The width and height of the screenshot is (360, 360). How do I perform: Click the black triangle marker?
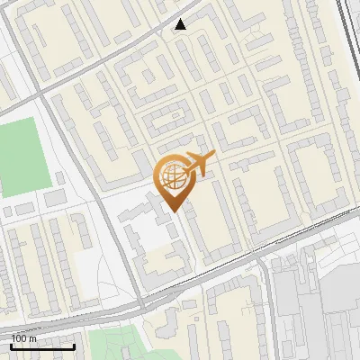[x=181, y=24]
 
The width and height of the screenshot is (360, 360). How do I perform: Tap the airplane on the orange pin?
[x=200, y=164]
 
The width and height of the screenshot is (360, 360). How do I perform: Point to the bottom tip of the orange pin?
[x=174, y=212]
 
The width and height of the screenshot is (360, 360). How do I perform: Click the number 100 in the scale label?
[x=20, y=338]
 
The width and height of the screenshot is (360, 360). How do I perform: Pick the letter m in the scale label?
[x=33, y=338]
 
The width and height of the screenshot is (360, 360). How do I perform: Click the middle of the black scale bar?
[x=42, y=346]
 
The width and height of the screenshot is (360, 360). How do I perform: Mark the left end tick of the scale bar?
[x=11, y=346]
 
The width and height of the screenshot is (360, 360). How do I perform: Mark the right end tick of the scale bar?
[x=74, y=346]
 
